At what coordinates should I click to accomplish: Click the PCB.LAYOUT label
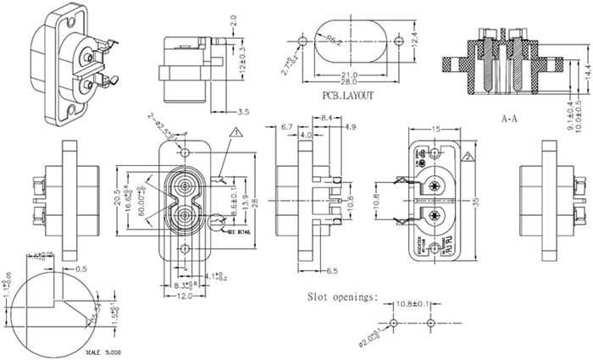point(347,97)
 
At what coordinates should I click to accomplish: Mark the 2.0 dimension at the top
point(232,18)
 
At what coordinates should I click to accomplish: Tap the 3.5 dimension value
point(242,112)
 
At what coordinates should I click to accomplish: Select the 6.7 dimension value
point(285,127)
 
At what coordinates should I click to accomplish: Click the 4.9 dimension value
point(350,127)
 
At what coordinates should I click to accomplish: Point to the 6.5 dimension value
point(331,272)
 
